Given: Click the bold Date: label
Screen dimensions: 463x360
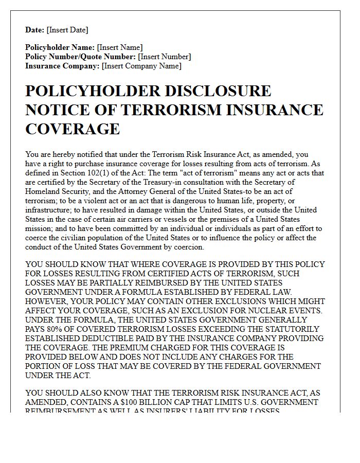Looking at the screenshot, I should point(35,30).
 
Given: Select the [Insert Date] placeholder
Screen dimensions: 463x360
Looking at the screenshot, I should point(67,30).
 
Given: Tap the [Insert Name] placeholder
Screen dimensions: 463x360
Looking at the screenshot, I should point(120,47).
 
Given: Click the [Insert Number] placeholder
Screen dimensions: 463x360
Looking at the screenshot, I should point(165,57).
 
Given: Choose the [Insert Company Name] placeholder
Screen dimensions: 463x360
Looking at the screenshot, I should point(141,66).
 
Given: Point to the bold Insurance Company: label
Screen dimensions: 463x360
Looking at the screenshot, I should point(62,66).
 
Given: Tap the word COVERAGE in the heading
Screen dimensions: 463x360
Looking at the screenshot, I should point(73,128).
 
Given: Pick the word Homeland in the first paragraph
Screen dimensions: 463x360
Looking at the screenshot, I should point(42,191).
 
